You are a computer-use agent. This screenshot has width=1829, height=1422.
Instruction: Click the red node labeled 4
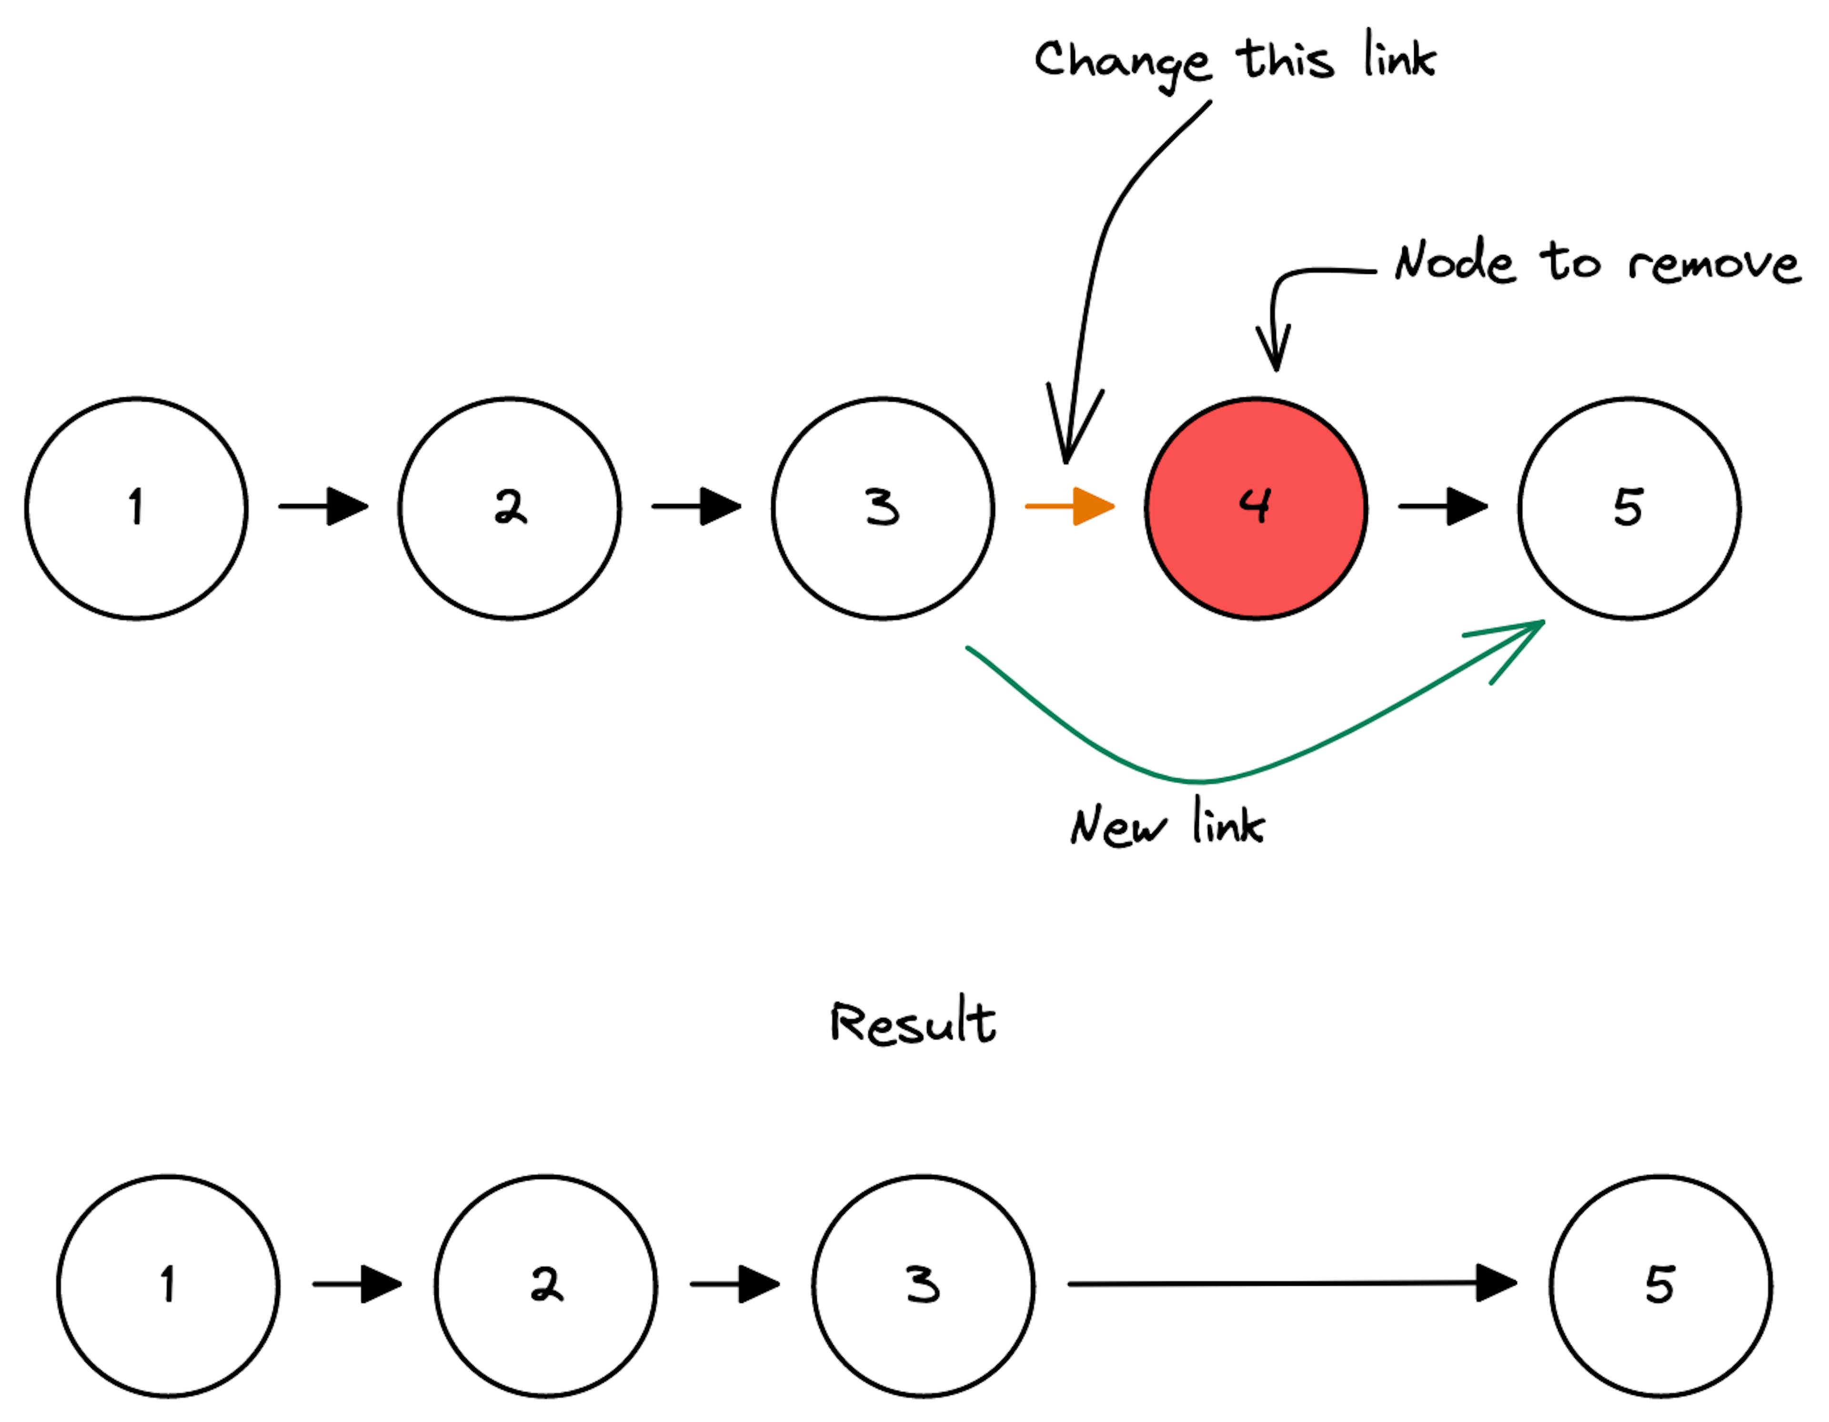[x=1256, y=508]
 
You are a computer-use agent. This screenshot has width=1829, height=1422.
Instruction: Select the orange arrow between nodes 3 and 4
[x=1070, y=506]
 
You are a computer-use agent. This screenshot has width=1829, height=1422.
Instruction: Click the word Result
[x=913, y=1022]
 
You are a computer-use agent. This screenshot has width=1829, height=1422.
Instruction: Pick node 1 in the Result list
[x=168, y=1285]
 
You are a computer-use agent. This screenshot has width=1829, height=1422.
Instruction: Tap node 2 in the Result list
[x=546, y=1285]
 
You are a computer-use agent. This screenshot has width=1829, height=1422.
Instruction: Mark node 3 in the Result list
[x=924, y=1285]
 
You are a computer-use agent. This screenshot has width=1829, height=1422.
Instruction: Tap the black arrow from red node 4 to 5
[x=1443, y=506]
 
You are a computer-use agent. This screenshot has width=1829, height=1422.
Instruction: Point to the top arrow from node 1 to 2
[x=323, y=506]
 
